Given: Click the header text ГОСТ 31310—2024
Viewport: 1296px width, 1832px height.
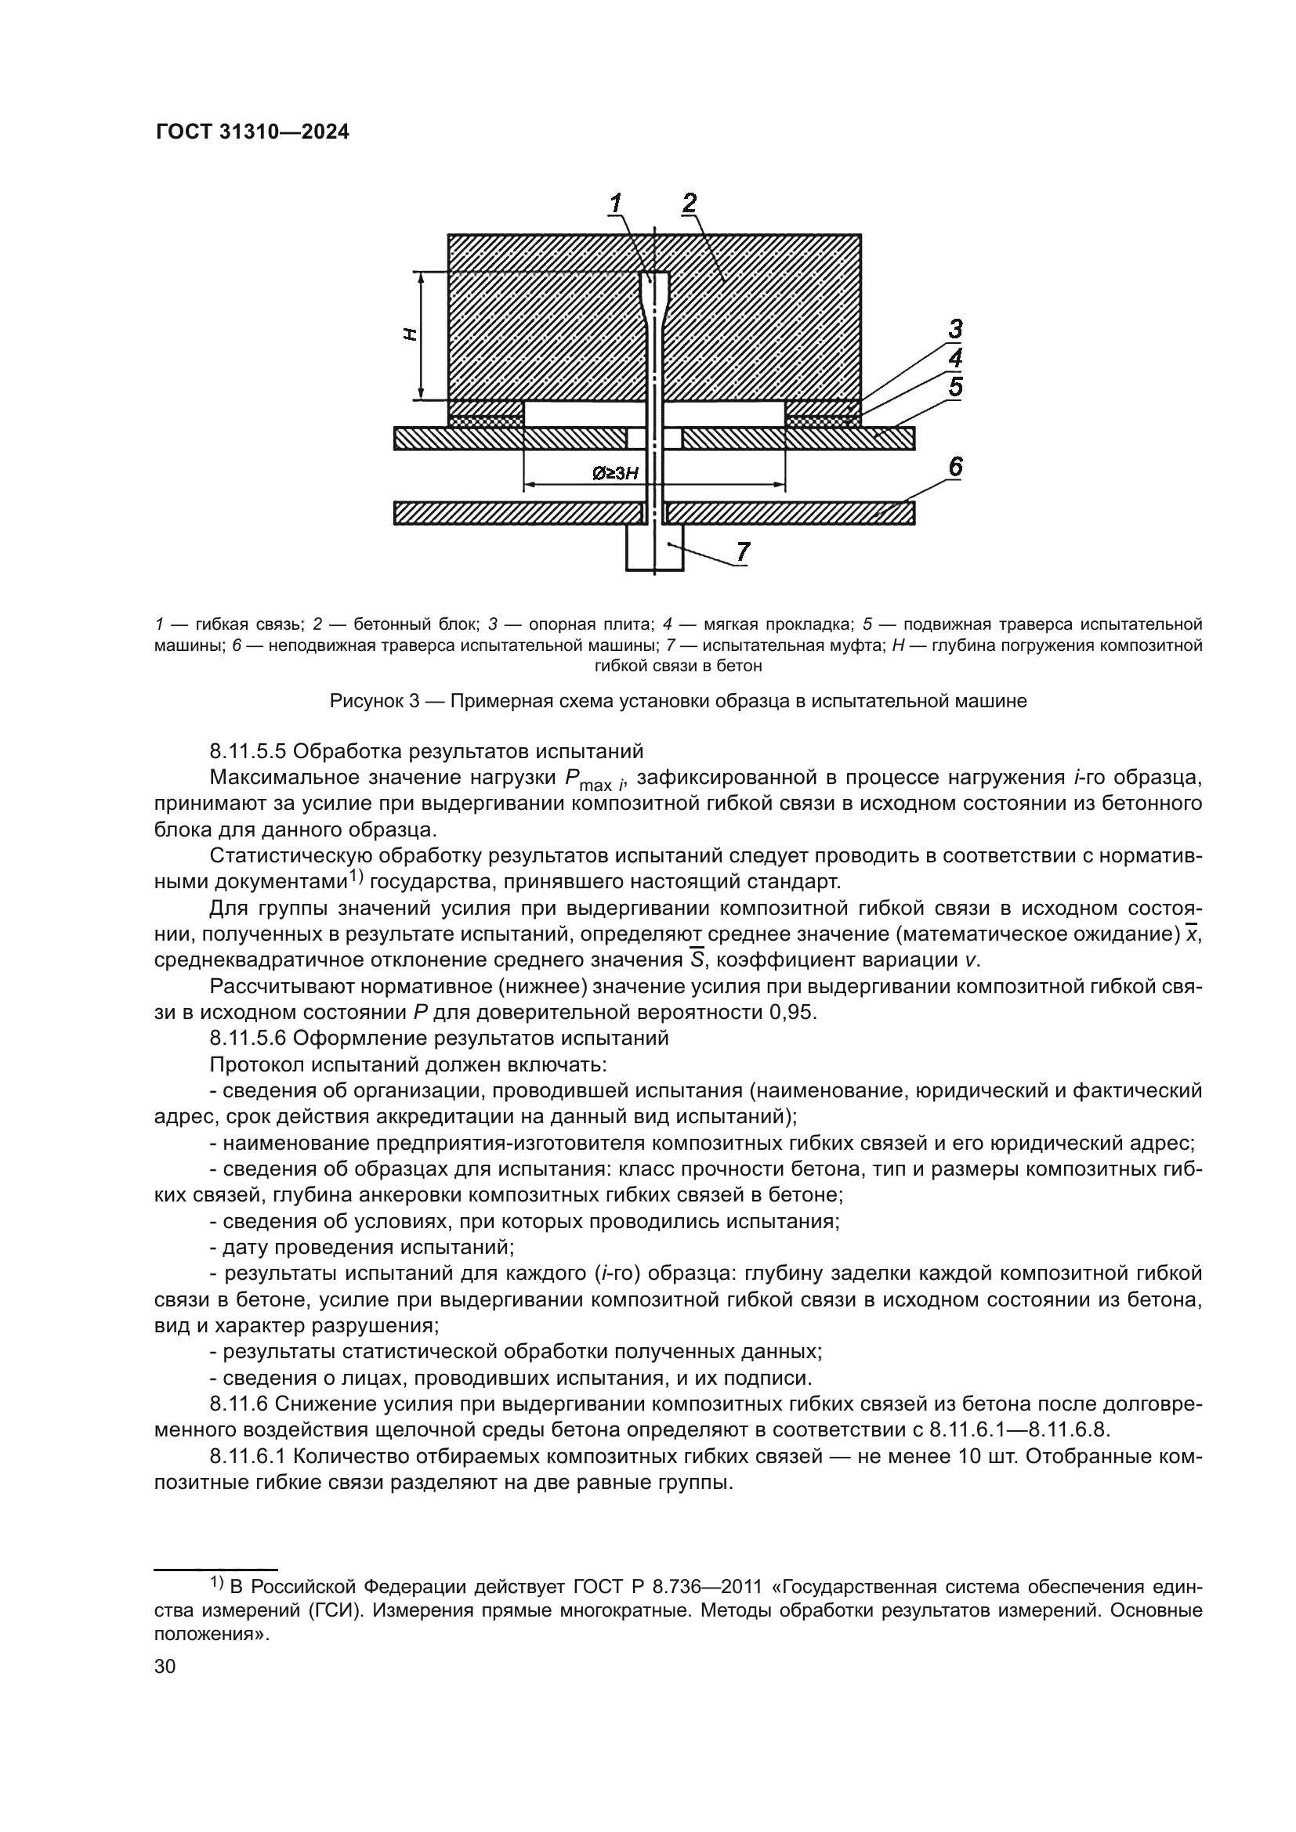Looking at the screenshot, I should coord(252,132).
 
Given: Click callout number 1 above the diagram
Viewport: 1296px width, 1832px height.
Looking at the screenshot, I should coord(616,204).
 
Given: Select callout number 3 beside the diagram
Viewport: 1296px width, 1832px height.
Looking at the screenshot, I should coord(954,329).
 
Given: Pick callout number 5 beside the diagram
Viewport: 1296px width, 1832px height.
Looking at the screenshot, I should coord(954,388).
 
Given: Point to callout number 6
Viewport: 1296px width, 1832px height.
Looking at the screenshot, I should coord(954,467).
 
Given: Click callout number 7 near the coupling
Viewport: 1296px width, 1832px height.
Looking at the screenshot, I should coord(742,551).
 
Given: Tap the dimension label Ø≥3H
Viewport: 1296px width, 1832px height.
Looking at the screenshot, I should coord(615,474).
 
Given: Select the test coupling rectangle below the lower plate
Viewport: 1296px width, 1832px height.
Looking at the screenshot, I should coord(654,547).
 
